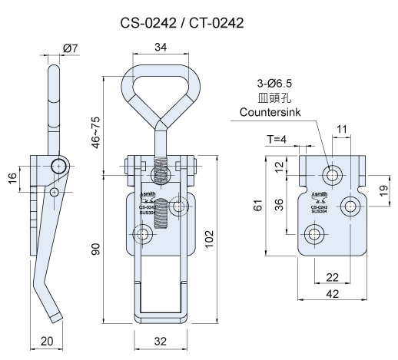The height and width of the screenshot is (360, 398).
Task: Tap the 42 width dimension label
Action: click(333, 293)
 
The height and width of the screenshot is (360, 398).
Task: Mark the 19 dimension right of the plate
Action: click(383, 190)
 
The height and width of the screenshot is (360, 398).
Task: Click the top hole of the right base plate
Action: click(332, 174)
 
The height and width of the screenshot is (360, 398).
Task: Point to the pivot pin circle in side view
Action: click(58, 167)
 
